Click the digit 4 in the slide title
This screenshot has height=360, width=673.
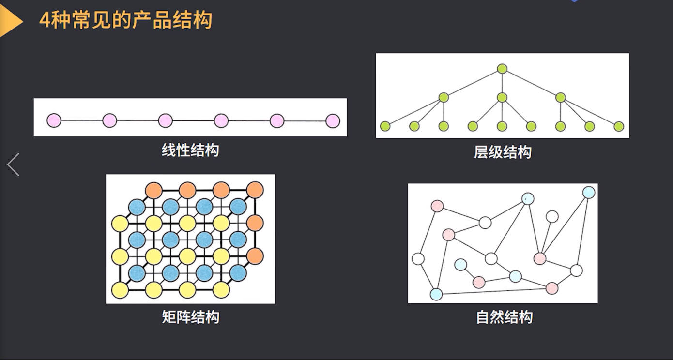pos(45,21)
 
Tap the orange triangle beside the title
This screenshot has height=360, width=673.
pos(11,22)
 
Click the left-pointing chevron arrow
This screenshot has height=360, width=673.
pos(13,165)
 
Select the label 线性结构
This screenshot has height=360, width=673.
pos(190,150)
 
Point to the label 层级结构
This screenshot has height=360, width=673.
pos(503,152)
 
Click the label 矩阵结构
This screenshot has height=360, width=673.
pos(190,317)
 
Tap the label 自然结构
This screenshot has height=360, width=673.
pos(505,317)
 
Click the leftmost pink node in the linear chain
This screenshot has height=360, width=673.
pos(54,120)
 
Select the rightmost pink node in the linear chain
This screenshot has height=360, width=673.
pos(333,120)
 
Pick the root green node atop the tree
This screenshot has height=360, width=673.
pos(502,69)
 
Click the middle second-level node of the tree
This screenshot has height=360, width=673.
pos(502,97)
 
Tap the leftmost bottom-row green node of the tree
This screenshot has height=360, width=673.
pos(385,126)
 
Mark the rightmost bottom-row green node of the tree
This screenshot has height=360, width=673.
pos(619,126)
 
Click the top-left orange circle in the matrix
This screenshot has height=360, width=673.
pos(154,190)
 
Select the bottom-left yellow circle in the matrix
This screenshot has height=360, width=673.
pos(120,290)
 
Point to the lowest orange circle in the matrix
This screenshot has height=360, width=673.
pos(255,256)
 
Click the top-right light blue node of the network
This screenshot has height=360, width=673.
pos(589,193)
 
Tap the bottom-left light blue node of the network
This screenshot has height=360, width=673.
pos(436,294)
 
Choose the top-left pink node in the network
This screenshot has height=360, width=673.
pos(437,206)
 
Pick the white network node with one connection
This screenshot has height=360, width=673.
pos(552,216)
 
